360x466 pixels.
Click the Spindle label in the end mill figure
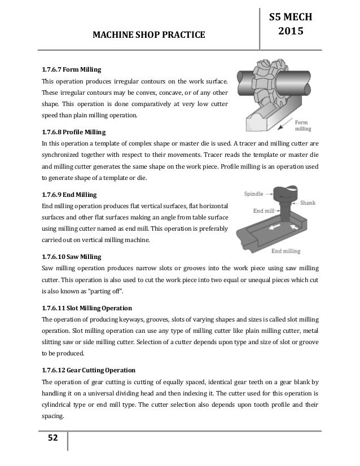[x=254, y=193]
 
